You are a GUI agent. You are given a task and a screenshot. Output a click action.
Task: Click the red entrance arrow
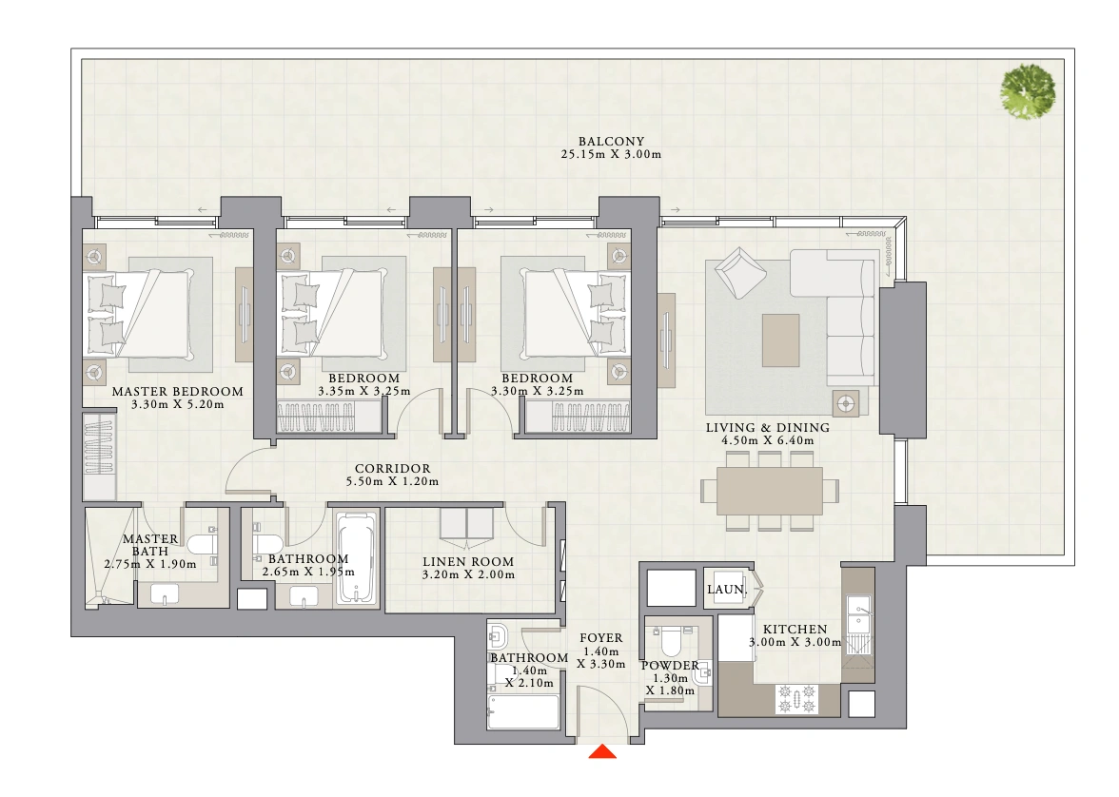click(602, 751)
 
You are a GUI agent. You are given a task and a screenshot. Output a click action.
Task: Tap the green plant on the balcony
click(1028, 91)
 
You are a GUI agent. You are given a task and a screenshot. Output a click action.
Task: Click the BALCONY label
click(611, 142)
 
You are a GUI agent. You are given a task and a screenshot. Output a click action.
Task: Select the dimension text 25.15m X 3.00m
click(611, 154)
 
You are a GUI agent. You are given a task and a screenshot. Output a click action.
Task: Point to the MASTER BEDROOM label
click(178, 392)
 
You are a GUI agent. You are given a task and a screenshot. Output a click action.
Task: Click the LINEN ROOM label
click(468, 562)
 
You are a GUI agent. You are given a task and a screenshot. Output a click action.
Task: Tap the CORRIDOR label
click(392, 469)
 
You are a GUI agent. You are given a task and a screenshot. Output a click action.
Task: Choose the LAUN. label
click(727, 590)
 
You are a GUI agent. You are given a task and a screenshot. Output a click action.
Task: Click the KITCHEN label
click(795, 630)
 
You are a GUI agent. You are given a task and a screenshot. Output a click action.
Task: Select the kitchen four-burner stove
click(797, 698)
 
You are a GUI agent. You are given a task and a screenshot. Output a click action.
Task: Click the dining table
click(769, 491)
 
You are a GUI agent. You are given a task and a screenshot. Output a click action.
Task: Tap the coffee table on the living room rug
click(780, 340)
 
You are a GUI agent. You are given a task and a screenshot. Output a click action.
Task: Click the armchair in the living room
click(740, 272)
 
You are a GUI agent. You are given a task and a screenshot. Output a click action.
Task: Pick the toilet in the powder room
click(671, 641)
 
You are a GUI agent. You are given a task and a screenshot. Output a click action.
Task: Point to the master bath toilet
click(203, 545)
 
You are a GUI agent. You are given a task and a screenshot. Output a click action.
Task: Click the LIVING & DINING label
click(768, 428)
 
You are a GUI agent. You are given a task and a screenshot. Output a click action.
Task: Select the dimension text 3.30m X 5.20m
click(178, 404)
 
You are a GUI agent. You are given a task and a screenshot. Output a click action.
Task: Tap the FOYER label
click(601, 638)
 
